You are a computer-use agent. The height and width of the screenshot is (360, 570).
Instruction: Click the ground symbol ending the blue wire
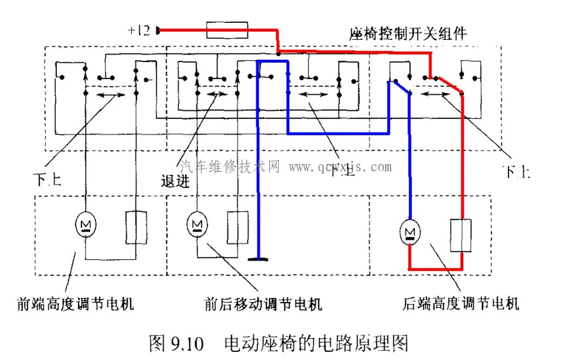257,258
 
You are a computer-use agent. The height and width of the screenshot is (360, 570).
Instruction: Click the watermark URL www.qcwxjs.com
340,168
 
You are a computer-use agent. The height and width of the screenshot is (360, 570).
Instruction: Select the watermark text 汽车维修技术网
232,167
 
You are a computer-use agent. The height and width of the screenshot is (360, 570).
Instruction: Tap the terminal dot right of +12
158,30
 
